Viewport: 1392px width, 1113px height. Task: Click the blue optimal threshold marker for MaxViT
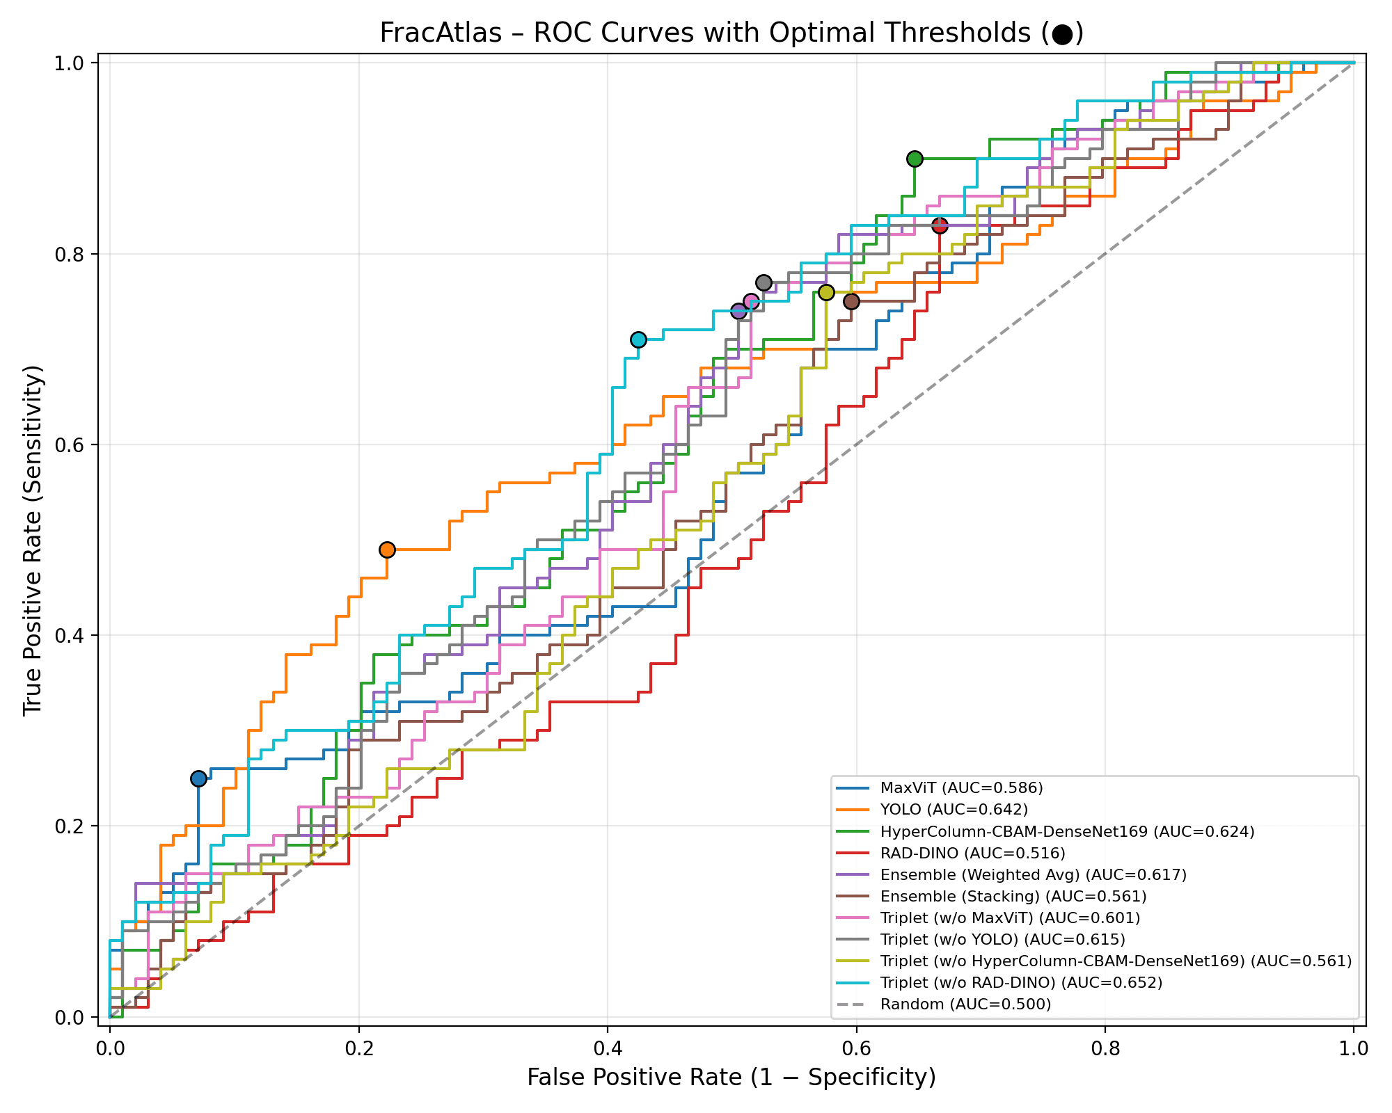[x=198, y=778]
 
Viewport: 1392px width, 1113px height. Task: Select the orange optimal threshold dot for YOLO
[x=387, y=550]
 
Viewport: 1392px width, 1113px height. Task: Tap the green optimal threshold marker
[x=915, y=159]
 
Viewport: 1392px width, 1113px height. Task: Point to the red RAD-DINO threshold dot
[x=940, y=225]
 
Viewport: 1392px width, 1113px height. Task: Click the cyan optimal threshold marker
[x=638, y=339]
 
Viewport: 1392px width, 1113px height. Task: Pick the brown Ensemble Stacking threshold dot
[x=851, y=301]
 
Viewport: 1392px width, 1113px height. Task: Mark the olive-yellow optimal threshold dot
[x=826, y=292]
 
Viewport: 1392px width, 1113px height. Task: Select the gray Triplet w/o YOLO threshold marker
[x=764, y=282]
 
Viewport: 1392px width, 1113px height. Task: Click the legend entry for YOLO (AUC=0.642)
[x=954, y=809]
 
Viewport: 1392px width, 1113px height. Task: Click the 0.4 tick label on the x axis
[x=607, y=1048]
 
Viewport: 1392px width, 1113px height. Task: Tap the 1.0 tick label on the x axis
[x=1353, y=1048]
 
